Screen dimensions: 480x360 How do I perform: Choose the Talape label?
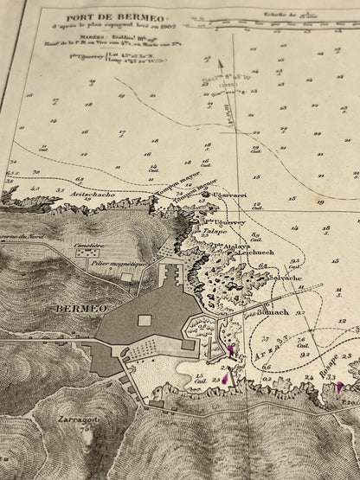[x=215, y=232]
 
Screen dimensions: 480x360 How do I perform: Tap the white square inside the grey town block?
[x=145, y=321]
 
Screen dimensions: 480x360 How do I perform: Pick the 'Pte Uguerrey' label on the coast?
[x=227, y=221]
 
